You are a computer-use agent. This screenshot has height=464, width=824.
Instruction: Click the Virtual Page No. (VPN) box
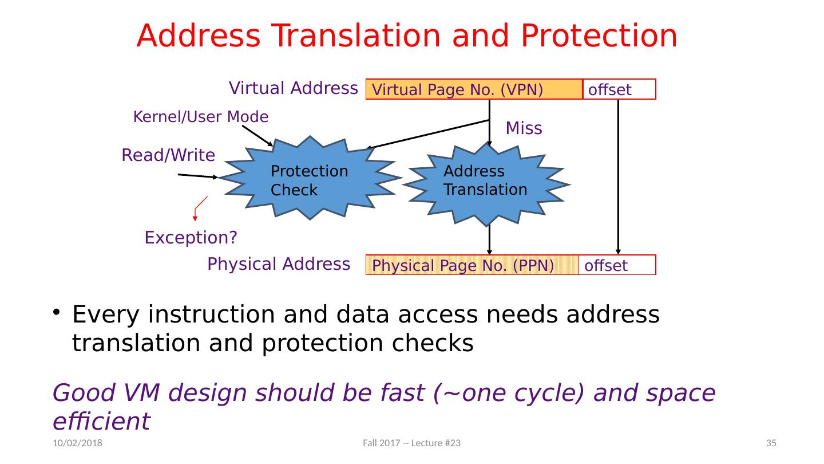click(x=474, y=89)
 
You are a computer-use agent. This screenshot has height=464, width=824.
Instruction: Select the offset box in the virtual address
click(x=619, y=89)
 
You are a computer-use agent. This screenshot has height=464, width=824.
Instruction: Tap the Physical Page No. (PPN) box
click(x=472, y=265)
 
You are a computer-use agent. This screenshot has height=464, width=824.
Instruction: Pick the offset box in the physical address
click(x=617, y=265)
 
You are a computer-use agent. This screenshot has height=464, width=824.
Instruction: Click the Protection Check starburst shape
click(x=310, y=179)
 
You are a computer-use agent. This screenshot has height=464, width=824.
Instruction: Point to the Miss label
click(x=524, y=129)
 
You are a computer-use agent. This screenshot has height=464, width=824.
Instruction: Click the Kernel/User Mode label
click(x=200, y=117)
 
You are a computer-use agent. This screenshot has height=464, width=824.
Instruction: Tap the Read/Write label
click(x=168, y=155)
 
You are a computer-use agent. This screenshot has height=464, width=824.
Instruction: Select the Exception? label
click(x=191, y=237)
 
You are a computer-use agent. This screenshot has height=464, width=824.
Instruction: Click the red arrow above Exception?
click(x=197, y=209)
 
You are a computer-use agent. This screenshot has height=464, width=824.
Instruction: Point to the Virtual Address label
click(x=293, y=88)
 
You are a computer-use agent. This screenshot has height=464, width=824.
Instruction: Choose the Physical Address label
click(x=278, y=264)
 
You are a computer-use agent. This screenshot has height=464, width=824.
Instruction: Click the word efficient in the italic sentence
click(x=101, y=421)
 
